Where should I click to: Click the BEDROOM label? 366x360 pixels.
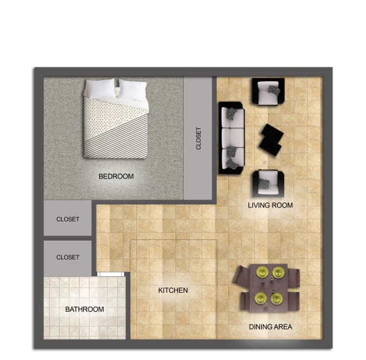(116, 176)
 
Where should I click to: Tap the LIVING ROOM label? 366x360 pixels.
(270, 205)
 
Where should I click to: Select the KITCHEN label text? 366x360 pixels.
(173, 290)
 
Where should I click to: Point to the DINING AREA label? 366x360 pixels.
(270, 327)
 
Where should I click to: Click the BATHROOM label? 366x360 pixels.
(85, 309)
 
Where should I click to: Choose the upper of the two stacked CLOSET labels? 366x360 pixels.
(68, 219)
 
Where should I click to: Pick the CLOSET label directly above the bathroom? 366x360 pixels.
(68, 257)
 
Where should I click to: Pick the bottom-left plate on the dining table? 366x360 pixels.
(260, 297)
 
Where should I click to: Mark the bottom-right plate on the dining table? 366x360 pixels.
(277, 297)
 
